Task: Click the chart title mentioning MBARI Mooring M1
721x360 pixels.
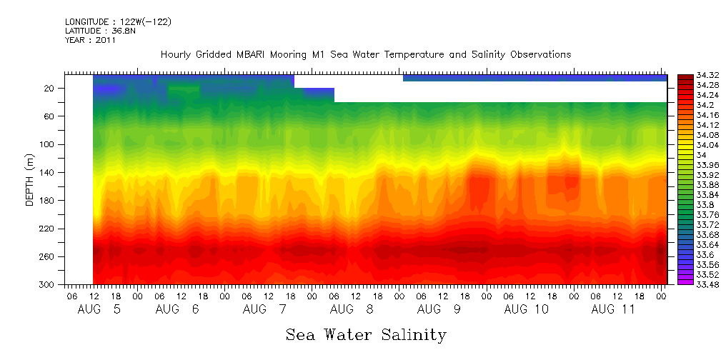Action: click(x=366, y=55)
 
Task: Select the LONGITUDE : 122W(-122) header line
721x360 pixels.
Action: click(x=118, y=22)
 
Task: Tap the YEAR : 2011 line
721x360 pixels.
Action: click(x=90, y=41)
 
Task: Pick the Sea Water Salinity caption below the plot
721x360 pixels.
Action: click(x=366, y=335)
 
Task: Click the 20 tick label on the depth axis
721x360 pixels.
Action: click(x=50, y=88)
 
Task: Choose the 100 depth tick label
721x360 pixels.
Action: click(x=48, y=144)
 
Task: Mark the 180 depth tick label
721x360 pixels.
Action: click(x=48, y=201)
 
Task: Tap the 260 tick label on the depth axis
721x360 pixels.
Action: click(x=48, y=256)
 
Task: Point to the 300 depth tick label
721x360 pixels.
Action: click(x=48, y=285)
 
